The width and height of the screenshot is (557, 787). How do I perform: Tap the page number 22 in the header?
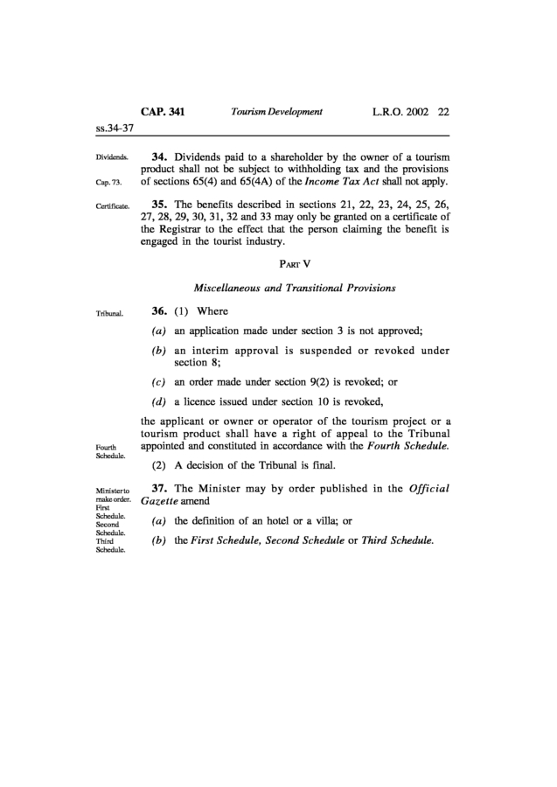[x=443, y=113]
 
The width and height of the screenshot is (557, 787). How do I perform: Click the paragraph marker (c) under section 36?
[x=159, y=382]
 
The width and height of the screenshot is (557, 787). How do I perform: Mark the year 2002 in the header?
[x=415, y=113]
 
